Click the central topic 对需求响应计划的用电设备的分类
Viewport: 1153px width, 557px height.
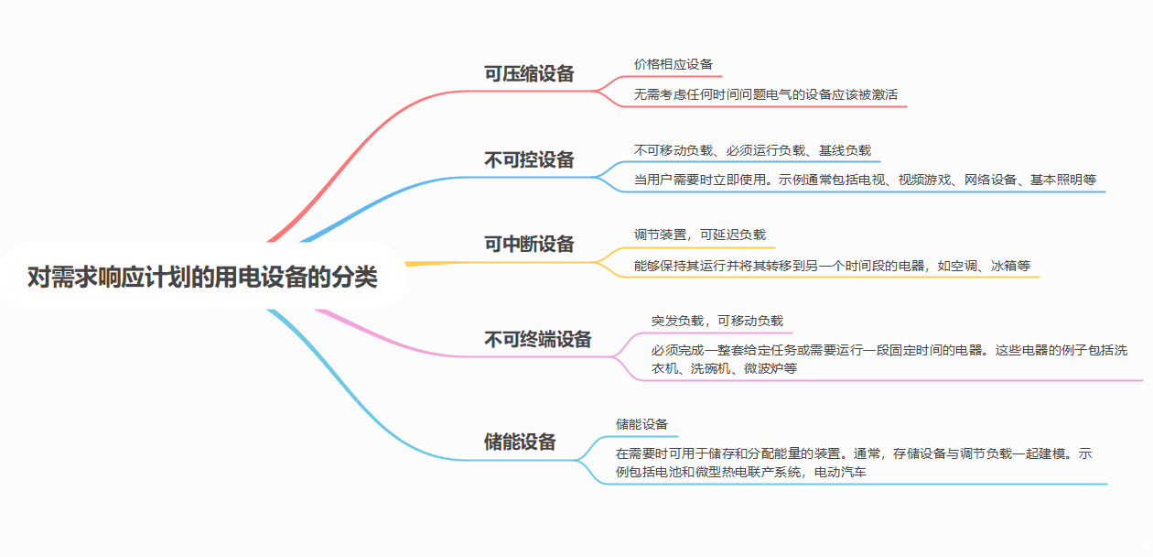tap(202, 277)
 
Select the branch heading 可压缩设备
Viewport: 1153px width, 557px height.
tap(529, 74)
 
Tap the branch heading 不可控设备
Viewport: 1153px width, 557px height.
tap(529, 159)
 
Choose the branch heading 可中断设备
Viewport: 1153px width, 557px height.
tap(529, 244)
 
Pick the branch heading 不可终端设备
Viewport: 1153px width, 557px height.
tap(538, 339)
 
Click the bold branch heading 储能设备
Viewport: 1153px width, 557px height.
tap(520, 442)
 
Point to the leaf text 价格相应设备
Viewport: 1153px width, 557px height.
tap(673, 65)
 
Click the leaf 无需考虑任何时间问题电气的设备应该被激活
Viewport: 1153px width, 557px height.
tap(766, 94)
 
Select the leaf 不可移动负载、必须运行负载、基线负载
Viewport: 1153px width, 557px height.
tap(752, 150)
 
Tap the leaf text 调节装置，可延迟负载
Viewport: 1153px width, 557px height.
tap(700, 235)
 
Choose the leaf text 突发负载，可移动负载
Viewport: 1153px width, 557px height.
tap(717, 321)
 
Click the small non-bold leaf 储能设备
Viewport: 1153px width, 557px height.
tap(641, 424)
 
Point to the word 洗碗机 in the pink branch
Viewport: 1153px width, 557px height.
tap(711, 368)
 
